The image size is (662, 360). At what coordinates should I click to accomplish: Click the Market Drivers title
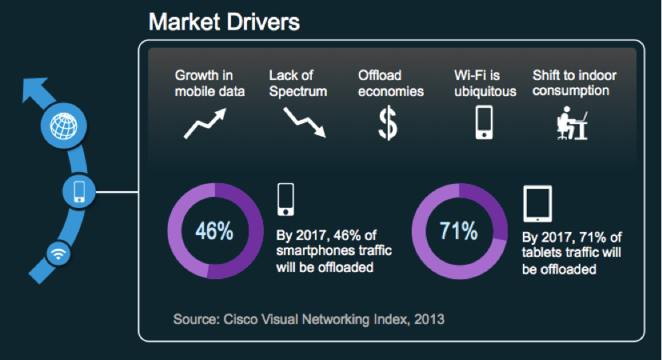[x=224, y=22]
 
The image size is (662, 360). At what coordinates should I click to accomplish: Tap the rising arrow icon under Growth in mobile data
[x=205, y=124]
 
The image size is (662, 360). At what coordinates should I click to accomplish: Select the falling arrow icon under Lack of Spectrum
[x=305, y=122]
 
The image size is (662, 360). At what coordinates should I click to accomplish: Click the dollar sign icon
[x=388, y=123]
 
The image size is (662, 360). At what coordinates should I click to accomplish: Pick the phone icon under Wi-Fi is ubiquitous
[x=484, y=122]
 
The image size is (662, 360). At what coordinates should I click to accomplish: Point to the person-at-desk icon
[x=572, y=123]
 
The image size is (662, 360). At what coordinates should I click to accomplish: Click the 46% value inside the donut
[x=214, y=231]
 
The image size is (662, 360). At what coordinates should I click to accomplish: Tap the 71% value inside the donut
[x=458, y=231]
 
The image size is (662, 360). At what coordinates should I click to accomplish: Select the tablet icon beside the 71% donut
[x=537, y=204]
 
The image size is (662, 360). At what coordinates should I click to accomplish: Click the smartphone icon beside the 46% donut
[x=285, y=199]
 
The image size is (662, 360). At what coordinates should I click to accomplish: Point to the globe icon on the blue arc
[x=64, y=126]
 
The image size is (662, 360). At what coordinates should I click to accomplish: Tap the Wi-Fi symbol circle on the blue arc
[x=58, y=254]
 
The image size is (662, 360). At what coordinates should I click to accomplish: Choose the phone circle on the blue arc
[x=79, y=192]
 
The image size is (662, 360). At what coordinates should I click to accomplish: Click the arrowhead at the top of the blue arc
[x=36, y=89]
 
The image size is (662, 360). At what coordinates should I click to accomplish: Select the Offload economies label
[x=391, y=83]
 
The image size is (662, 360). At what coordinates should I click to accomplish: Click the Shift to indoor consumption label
[x=574, y=83]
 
